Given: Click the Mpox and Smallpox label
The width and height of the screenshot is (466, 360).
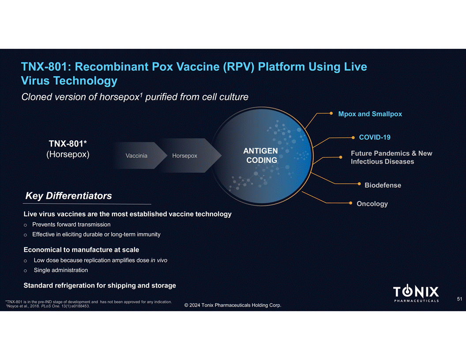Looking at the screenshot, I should coord(370,114).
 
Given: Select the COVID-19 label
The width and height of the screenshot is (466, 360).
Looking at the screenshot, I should coord(374,137).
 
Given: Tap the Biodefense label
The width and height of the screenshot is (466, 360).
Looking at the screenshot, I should coord(383,185).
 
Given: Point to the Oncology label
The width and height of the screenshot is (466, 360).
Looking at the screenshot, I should coord(372,203).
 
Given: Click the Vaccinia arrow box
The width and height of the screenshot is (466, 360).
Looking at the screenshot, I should coord(136,156).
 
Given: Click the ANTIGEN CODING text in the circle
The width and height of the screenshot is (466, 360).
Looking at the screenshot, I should coord(261,156).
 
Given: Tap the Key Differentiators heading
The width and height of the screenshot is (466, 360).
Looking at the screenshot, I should coord(68,195).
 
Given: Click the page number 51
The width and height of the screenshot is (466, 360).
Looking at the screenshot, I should coord(459,299).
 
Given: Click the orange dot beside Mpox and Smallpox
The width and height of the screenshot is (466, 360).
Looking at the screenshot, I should coord(331,113).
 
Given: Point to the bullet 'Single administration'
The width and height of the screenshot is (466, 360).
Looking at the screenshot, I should coord(61,270).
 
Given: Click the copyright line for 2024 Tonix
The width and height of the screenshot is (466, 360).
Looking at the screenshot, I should coord(233,306).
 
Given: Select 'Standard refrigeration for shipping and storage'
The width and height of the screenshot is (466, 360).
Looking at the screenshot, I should coord(100,285).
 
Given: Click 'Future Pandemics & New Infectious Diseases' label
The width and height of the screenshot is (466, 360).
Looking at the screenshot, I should coord(391,157).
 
